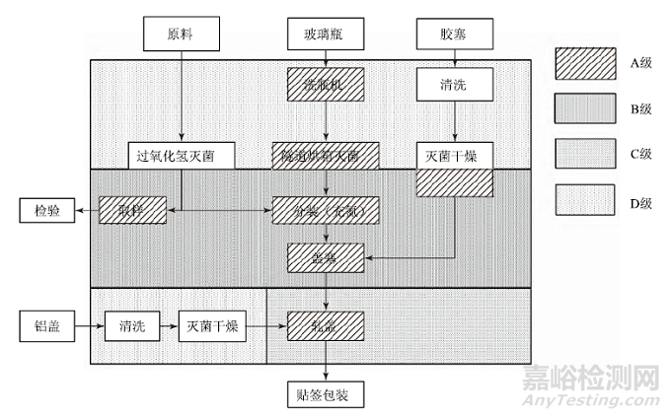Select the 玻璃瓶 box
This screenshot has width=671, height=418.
click(325, 34)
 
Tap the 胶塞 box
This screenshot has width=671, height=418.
click(453, 34)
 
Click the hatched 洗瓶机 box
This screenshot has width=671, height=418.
click(325, 84)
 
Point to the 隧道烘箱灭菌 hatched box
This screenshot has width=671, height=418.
click(325, 156)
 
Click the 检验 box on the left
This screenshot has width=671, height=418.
click(46, 209)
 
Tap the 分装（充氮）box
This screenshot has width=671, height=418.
click(325, 210)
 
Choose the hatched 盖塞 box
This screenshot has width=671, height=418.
click(325, 257)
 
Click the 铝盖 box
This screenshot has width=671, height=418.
click(46, 324)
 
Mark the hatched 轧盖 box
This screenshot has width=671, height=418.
click(325, 324)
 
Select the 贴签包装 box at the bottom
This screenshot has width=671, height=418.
click(325, 394)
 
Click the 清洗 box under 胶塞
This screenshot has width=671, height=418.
click(453, 84)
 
